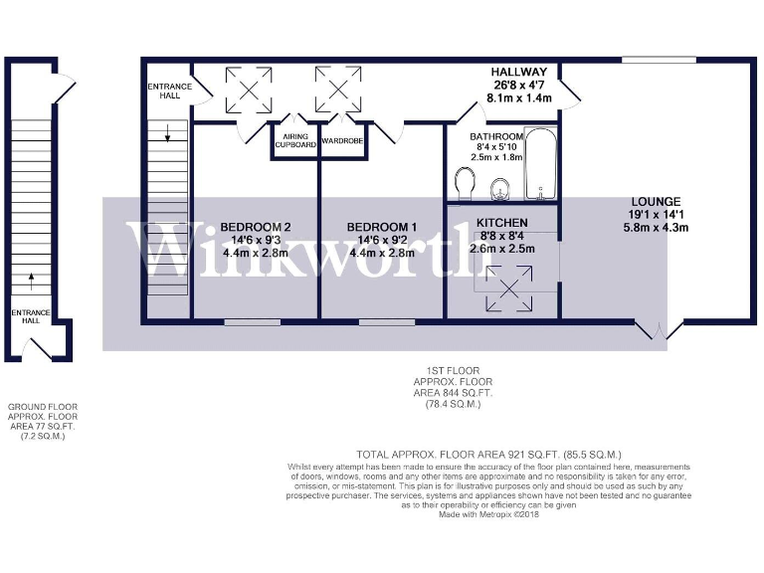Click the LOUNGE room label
655,202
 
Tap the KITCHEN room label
501,222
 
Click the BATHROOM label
497,136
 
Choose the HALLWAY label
519,73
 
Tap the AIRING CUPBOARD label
295,140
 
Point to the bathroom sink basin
503,186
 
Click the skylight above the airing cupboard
250,88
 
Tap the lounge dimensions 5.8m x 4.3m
655,227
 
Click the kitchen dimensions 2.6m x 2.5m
501,248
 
